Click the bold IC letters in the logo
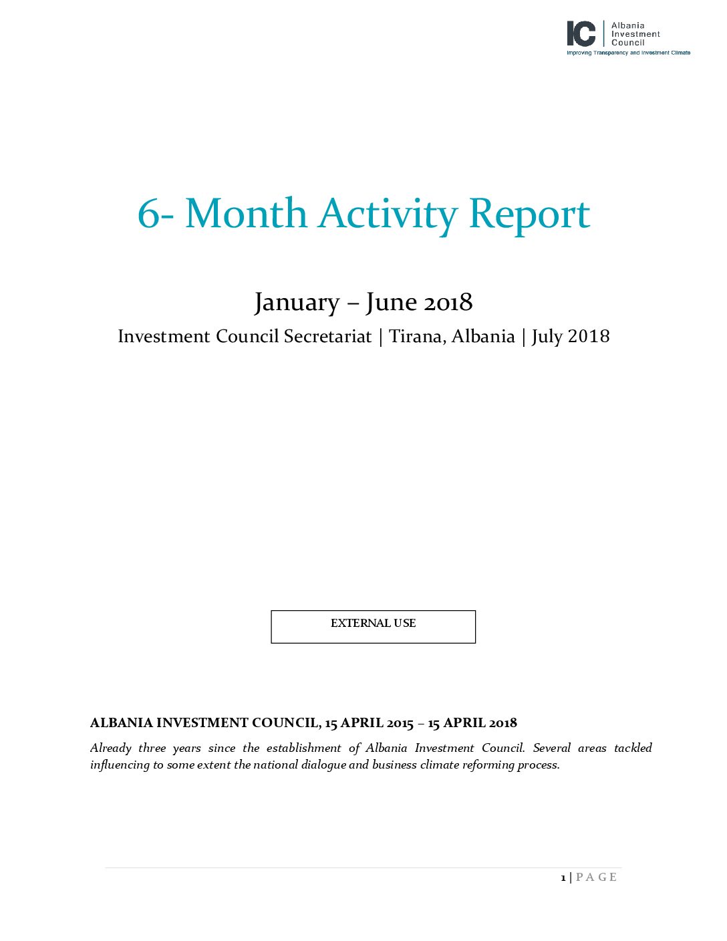pos(581,33)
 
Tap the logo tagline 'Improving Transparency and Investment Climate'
pos(628,53)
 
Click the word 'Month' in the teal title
pos(245,214)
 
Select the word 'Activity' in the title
pos(388,215)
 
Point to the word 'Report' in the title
pos(529,215)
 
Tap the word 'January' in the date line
pos(297,303)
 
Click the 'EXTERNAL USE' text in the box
pos(373,623)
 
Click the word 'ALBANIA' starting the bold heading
pos(121,723)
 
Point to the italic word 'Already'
pos(110,748)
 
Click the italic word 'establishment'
pos(303,748)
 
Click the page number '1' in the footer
pos(563,878)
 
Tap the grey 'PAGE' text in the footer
pos(596,878)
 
